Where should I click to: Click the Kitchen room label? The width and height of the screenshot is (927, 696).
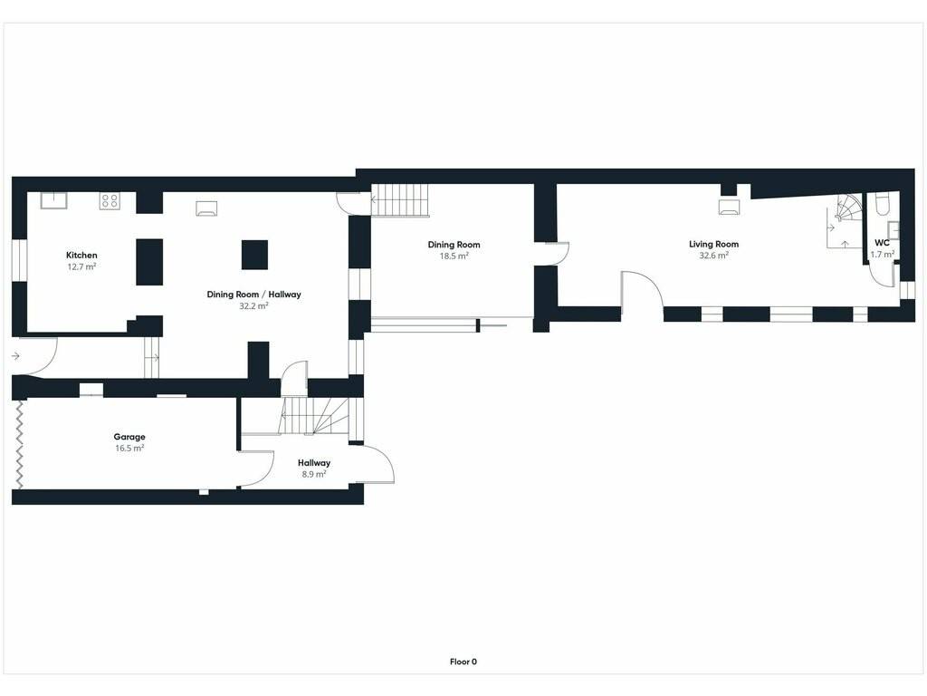pyautogui.click(x=81, y=255)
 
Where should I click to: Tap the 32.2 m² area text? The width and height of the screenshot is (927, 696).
pyautogui.click(x=253, y=306)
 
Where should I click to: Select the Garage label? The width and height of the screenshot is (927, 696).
pyautogui.click(x=129, y=437)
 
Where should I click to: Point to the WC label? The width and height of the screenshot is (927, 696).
pyautogui.click(x=882, y=243)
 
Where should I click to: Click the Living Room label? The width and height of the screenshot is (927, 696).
pyautogui.click(x=713, y=244)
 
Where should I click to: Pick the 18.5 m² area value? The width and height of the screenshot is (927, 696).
pyautogui.click(x=454, y=256)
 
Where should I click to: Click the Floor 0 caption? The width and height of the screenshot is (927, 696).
pyautogui.click(x=463, y=662)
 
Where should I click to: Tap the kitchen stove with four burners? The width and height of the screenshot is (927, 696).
pyautogui.click(x=110, y=200)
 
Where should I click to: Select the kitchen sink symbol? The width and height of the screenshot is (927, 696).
pyautogui.click(x=53, y=200)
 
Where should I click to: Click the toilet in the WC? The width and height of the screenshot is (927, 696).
pyautogui.click(x=882, y=203)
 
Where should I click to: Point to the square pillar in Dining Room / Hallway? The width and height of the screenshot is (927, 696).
pyautogui.click(x=254, y=255)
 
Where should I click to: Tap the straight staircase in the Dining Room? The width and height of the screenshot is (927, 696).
pyautogui.click(x=399, y=200)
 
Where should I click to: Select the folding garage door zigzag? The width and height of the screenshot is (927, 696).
pyautogui.click(x=20, y=444)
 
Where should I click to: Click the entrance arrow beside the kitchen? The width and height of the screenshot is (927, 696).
pyautogui.click(x=15, y=355)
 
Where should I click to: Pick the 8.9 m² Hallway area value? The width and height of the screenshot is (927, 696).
pyautogui.click(x=314, y=474)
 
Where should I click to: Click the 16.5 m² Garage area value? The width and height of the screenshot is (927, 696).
pyautogui.click(x=129, y=448)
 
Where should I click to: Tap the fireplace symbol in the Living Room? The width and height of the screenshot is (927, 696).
pyautogui.click(x=729, y=206)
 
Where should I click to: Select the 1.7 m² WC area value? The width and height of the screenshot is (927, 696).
pyautogui.click(x=882, y=255)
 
